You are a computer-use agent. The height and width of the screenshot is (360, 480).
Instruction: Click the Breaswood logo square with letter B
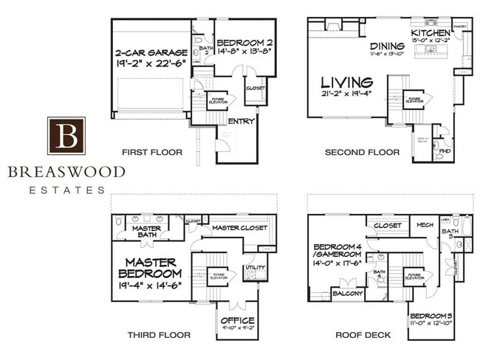[x=66, y=135]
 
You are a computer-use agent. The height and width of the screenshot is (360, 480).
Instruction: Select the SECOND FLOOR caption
[x=362, y=153]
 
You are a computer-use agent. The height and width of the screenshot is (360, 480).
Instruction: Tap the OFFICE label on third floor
[x=237, y=320]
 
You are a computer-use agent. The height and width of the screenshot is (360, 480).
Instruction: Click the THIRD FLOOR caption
[x=159, y=335]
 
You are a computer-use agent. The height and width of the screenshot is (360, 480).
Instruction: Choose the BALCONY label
[x=348, y=293]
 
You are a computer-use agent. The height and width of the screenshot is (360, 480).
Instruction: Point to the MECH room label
[x=424, y=225]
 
